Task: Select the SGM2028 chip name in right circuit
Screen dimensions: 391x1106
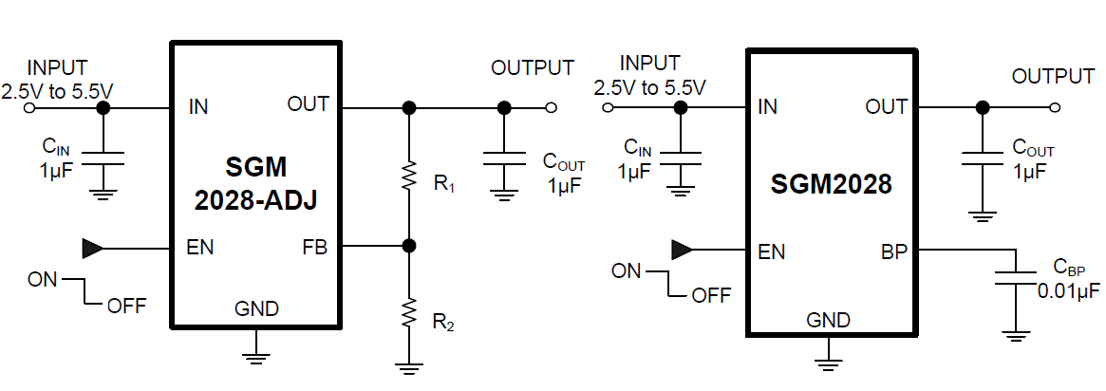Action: [831, 184]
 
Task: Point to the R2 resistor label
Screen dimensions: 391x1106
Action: [443, 323]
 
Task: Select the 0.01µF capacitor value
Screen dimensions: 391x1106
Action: [1068, 290]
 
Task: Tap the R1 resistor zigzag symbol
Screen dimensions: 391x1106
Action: [409, 177]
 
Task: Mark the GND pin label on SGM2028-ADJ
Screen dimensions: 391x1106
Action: [256, 309]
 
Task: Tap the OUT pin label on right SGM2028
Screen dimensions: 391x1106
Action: [886, 107]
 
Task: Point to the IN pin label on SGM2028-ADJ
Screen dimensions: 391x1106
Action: [198, 107]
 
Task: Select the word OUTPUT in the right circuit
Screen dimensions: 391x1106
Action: [1053, 76]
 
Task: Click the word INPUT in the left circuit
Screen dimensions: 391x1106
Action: [57, 68]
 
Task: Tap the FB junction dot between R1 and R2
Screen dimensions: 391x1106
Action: [409, 246]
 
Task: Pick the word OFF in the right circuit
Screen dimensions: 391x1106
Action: [712, 295]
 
